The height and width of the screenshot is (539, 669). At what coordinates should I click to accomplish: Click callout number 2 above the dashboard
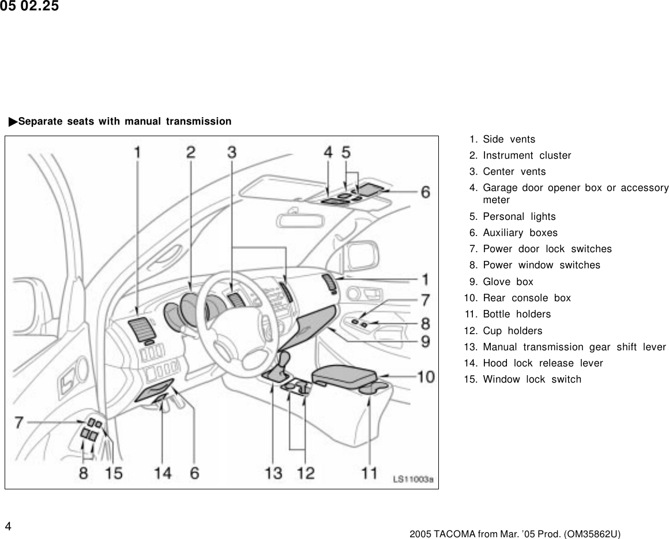[190, 152]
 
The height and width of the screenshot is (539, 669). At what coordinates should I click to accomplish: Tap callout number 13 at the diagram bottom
[273, 473]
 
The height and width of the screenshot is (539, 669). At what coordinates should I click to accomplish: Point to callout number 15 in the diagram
[114, 473]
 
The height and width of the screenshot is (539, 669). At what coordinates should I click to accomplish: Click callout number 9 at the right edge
[424, 342]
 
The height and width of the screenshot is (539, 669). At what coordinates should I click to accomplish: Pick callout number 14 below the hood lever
[163, 473]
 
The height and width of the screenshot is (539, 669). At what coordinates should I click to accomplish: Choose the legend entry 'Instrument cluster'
[527, 155]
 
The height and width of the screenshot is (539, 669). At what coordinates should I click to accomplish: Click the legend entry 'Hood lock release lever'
[542, 363]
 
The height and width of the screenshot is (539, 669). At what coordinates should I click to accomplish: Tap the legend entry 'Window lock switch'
[532, 379]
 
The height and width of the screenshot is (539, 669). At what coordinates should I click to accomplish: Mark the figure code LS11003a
[413, 479]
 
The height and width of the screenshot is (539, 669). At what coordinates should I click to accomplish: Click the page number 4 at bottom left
[7, 526]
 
